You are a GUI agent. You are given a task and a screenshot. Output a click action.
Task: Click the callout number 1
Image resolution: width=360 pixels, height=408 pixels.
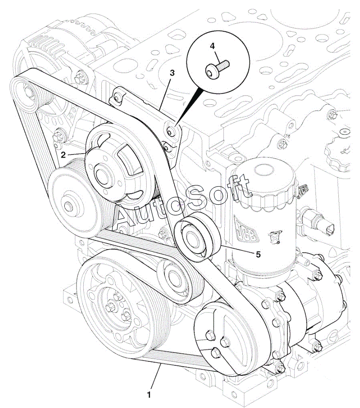tap(149, 395)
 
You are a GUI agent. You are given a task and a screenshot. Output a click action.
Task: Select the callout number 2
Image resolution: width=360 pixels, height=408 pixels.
tap(63, 154)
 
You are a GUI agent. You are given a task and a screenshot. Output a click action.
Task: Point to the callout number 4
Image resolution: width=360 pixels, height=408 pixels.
tap(212, 46)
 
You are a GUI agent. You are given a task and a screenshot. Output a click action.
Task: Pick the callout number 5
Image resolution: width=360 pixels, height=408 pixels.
tap(258, 254)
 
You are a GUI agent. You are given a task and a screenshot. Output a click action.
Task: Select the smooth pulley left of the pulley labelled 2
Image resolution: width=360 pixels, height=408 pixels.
tap(71, 205)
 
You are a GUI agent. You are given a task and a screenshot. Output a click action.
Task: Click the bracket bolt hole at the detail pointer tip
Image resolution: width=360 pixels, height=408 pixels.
tap(171, 130)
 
